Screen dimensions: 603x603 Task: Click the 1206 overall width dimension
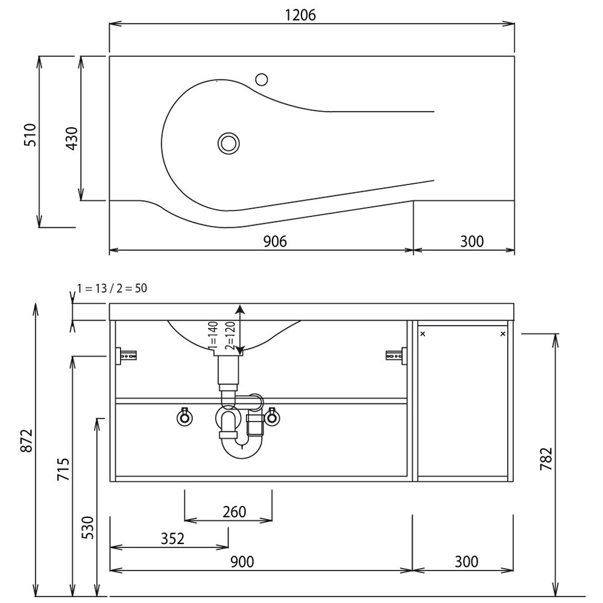pos(300,15)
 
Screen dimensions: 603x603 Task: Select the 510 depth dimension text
pos(30,135)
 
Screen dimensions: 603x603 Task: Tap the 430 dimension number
pos(72,139)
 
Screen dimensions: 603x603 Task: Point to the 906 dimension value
pos(275,242)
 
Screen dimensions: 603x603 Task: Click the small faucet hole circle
pos(262,80)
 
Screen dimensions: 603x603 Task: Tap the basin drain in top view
pos(229,144)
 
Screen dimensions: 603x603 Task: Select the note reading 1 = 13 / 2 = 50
pos(112,288)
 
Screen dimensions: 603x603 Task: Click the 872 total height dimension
pos(27,440)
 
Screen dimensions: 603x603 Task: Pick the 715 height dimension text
pos(63,469)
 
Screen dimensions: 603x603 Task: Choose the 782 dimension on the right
pos(546,459)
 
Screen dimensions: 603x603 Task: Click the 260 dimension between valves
pos(234,512)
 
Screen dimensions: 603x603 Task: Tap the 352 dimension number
pos(172,538)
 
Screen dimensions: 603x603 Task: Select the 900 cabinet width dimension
pos(242,562)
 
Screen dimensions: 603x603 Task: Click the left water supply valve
pos(185,417)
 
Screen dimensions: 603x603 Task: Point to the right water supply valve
pos(272,417)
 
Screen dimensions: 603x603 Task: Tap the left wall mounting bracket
pos(127,355)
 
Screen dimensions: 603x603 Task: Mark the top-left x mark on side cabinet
pos(423,334)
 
